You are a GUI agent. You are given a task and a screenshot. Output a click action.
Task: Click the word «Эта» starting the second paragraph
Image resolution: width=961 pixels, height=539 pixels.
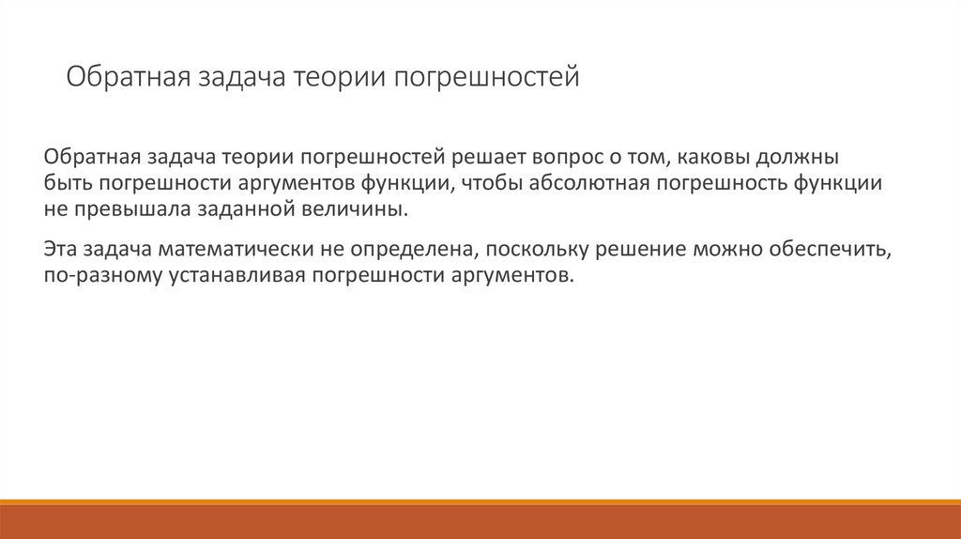coord(60,251)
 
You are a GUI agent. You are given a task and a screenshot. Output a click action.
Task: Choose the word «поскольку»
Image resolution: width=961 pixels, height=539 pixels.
coord(534,251)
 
